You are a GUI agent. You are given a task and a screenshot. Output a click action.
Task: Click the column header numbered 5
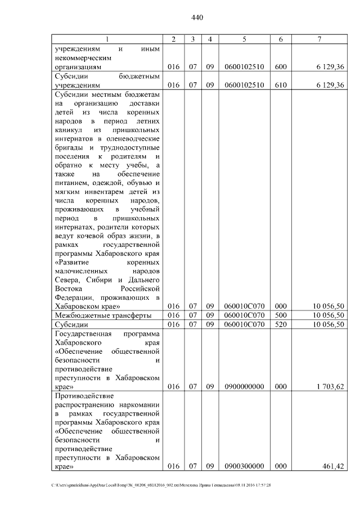pyautogui.click(x=244, y=38)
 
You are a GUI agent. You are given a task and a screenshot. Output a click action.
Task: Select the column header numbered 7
pyautogui.click(x=319, y=38)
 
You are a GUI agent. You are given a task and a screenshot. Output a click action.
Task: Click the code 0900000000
pyautogui.click(x=244, y=386)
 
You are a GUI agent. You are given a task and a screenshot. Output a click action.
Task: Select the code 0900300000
pyautogui.click(x=244, y=467)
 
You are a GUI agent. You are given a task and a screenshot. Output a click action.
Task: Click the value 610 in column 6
pyautogui.click(x=281, y=85)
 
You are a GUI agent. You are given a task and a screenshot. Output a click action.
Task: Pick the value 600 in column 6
pyautogui.click(x=281, y=67)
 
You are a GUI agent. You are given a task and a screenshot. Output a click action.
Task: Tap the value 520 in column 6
pyautogui.click(x=281, y=325)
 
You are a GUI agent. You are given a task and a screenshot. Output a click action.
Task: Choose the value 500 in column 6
pyautogui.click(x=281, y=315)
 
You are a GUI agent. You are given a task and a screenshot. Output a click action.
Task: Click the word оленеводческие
pyautogui.click(x=133, y=138)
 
